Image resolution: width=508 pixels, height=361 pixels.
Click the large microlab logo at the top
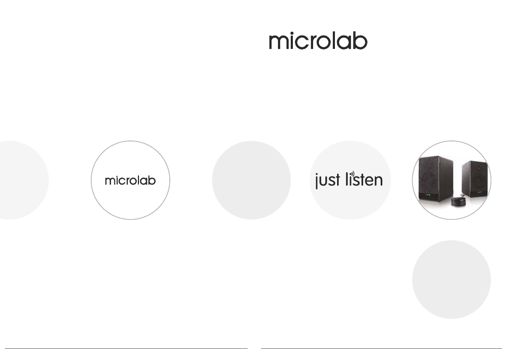(318, 41)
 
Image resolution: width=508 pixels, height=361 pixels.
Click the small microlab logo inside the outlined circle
(130, 181)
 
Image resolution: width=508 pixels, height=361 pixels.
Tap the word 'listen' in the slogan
(364, 179)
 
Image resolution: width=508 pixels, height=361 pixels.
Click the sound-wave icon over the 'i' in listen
(353, 174)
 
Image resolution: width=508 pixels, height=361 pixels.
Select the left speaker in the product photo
(436, 178)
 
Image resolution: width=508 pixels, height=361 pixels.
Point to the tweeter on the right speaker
(479, 168)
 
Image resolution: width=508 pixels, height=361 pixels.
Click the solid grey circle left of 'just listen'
(251, 180)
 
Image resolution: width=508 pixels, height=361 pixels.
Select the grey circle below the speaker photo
(452, 280)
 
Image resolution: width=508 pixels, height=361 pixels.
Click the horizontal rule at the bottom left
(126, 348)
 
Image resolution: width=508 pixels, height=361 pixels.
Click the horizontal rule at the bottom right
(381, 348)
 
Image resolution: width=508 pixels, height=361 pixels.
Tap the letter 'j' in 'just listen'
(317, 181)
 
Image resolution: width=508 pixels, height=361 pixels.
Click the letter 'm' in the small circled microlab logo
(110, 181)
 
